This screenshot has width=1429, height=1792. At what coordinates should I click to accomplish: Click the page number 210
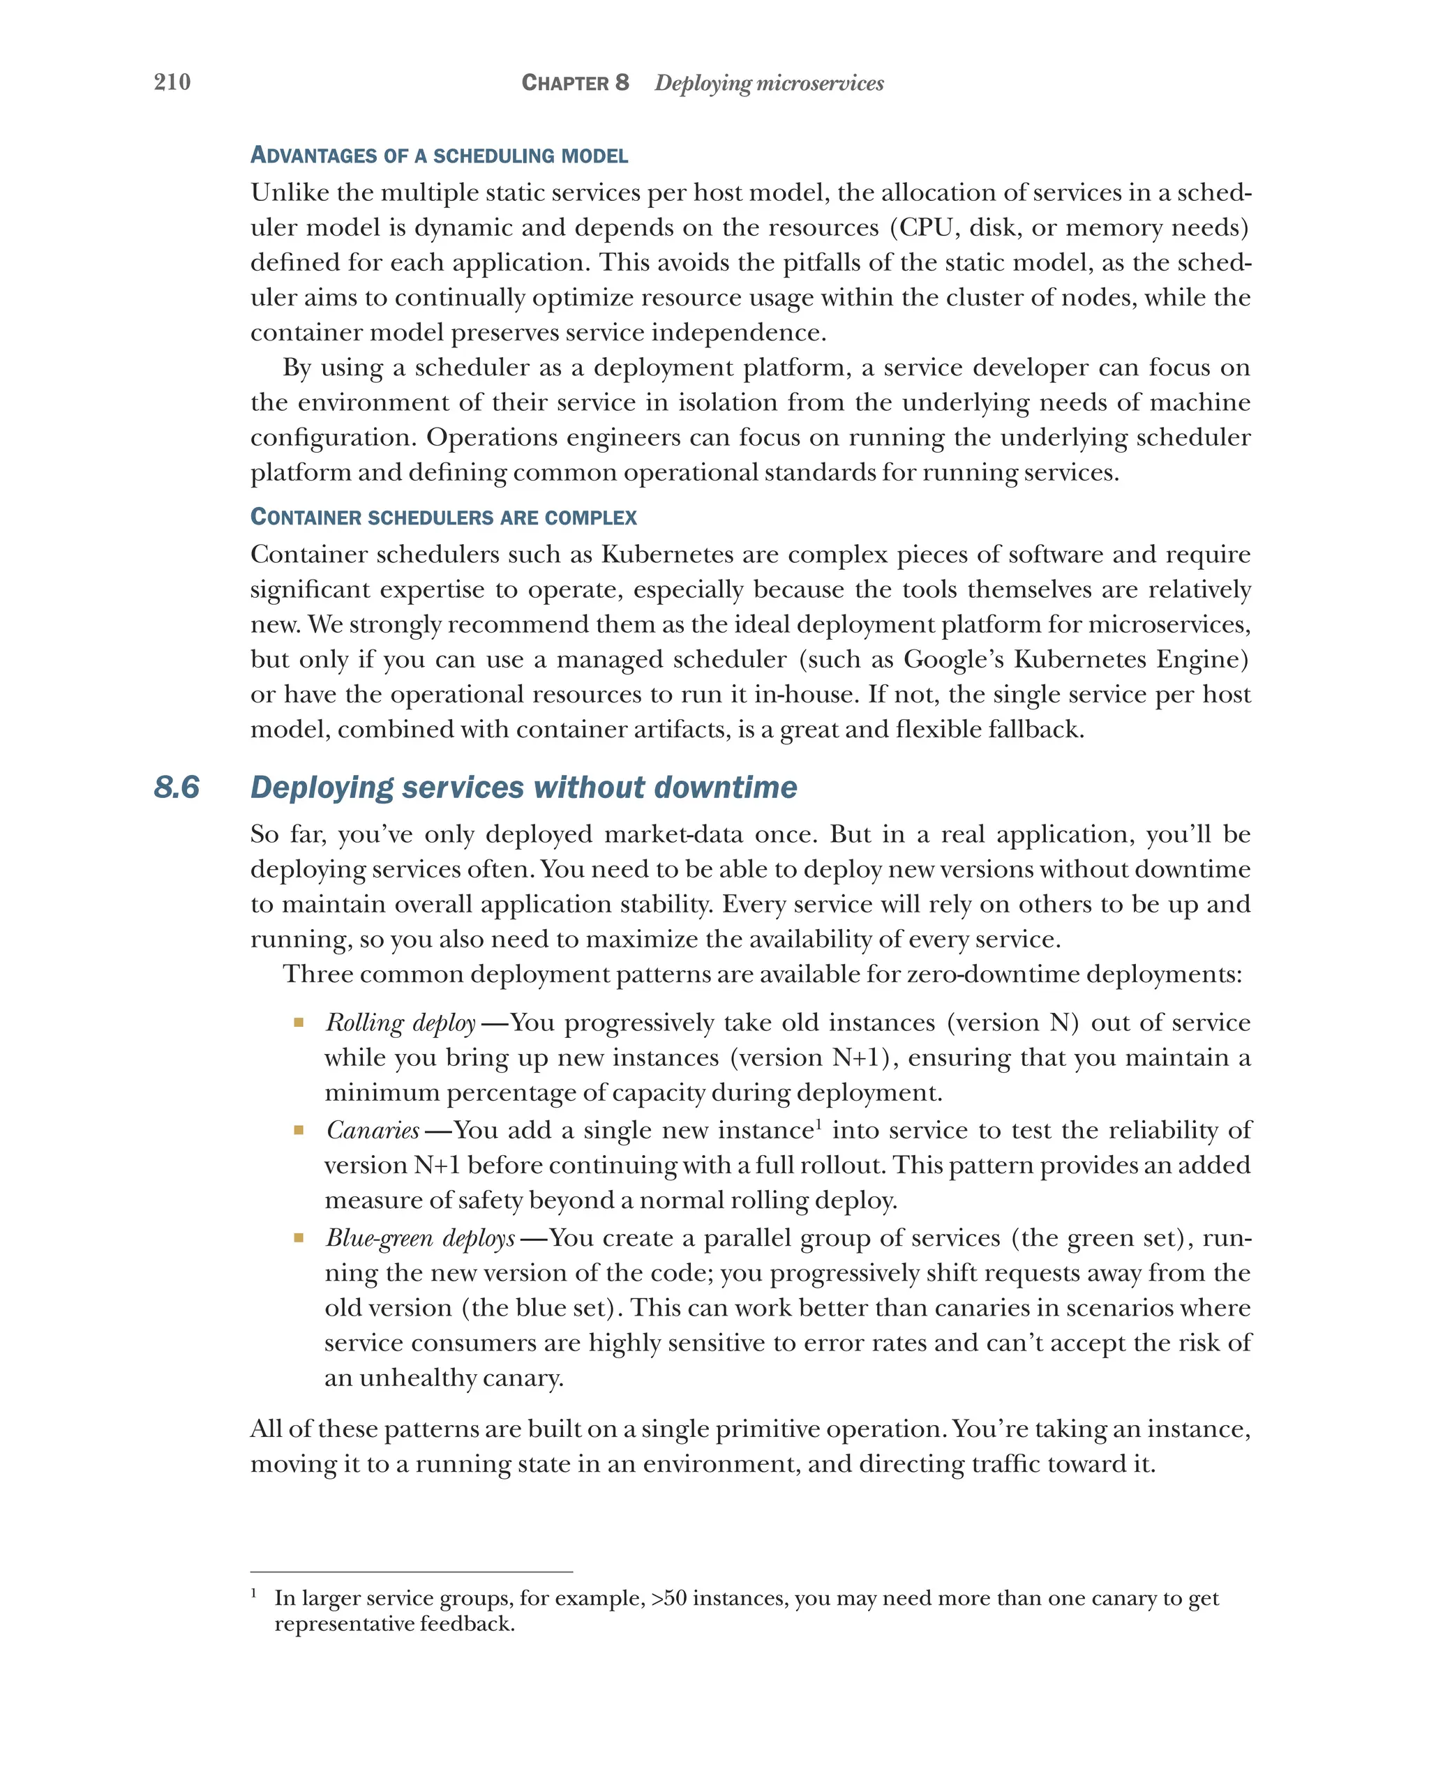pyautogui.click(x=172, y=82)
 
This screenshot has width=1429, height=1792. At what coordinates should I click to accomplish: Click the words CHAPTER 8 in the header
pyautogui.click(x=574, y=83)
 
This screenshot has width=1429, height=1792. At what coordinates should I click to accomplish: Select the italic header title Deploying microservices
pyautogui.click(x=768, y=83)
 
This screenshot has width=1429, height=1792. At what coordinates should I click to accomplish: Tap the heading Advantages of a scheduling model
pyautogui.click(x=439, y=156)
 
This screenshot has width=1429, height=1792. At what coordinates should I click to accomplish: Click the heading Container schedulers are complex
pyautogui.click(x=443, y=517)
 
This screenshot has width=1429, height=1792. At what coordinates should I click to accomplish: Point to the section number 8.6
pyautogui.click(x=177, y=786)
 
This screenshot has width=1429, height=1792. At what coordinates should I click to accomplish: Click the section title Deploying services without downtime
pyautogui.click(x=524, y=786)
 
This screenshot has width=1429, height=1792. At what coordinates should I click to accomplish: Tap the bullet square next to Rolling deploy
pyautogui.click(x=299, y=1023)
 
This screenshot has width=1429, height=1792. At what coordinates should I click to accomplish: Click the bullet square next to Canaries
pyautogui.click(x=299, y=1131)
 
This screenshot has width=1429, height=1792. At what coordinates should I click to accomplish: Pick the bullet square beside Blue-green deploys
pyautogui.click(x=299, y=1238)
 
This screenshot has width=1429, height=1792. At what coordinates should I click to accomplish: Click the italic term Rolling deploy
pyautogui.click(x=401, y=1023)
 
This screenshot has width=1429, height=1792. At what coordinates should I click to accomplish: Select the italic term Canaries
pyautogui.click(x=373, y=1131)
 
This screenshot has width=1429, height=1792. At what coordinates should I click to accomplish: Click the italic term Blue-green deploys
pyautogui.click(x=421, y=1238)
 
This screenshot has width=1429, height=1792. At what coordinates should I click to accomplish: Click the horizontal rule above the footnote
pyautogui.click(x=412, y=1572)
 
